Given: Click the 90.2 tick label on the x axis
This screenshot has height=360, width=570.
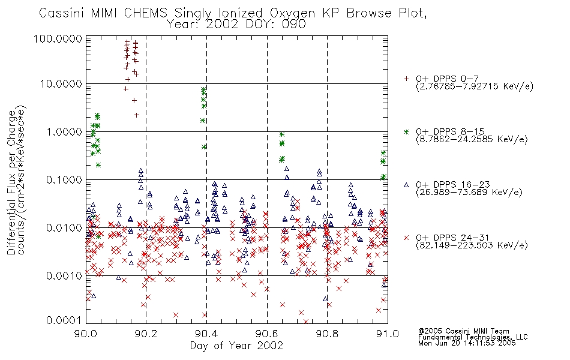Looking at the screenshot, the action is click(x=146, y=334).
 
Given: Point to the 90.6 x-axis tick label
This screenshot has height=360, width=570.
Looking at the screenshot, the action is click(x=267, y=334).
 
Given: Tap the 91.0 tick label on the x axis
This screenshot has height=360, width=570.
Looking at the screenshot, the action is click(x=388, y=334).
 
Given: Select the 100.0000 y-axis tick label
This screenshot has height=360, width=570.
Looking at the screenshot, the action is click(x=58, y=38).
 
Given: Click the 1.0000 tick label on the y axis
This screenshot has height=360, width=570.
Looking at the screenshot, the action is click(x=64, y=131).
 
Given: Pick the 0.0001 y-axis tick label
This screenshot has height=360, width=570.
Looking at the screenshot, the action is click(x=64, y=320).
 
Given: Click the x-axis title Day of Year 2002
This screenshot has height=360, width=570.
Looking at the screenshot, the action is click(x=236, y=346).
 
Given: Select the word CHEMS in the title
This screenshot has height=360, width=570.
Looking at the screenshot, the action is click(x=145, y=13).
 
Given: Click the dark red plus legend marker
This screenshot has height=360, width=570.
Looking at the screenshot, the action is click(x=406, y=79).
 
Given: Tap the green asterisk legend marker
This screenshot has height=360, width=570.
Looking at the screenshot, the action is click(x=406, y=131).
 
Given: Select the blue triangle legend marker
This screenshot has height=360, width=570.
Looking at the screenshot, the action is click(x=406, y=185).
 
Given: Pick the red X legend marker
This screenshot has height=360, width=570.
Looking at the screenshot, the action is click(x=406, y=238).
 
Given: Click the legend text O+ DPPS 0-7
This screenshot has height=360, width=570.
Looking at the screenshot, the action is click(x=447, y=79).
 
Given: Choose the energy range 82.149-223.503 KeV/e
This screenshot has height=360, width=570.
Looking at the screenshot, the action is click(x=472, y=245).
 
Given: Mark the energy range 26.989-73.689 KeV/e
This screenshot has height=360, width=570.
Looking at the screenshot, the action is click(x=469, y=193).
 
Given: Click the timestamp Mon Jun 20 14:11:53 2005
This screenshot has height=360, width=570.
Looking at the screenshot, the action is click(x=467, y=343).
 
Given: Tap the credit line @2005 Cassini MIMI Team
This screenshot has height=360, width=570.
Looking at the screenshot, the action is click(x=463, y=331).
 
